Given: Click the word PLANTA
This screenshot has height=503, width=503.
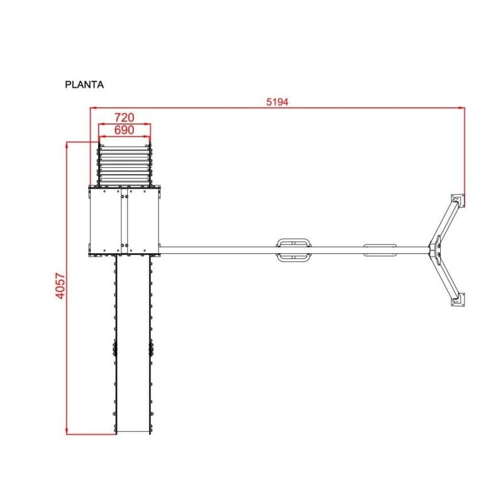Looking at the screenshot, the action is pos(84,85).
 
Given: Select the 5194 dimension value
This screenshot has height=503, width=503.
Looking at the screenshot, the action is pos(277,102).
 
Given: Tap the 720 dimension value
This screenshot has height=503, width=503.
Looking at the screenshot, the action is pos(124,118).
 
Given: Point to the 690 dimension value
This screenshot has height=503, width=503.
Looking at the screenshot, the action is pos(124,130).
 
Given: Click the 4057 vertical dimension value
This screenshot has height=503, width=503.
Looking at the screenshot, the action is pos(60,286).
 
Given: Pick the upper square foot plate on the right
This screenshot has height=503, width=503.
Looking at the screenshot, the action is pos(458,201).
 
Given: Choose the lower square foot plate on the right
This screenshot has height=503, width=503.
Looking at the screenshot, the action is pos(458,299).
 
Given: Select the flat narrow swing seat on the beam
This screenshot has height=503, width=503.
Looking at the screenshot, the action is pos(380,250).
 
